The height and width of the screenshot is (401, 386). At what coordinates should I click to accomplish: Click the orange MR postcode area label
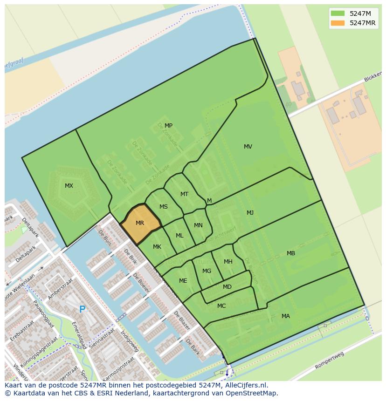coord(140,223)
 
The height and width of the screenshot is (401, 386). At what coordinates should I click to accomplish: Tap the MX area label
coord(69,186)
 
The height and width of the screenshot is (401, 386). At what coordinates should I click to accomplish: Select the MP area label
coord(168,126)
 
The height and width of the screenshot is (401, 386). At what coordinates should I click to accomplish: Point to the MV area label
coord(248,147)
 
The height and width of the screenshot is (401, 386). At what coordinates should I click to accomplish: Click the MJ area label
coord(250,213)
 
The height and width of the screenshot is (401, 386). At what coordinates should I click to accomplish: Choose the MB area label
coord(291,253)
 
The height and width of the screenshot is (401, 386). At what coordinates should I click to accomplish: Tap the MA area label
coord(286,316)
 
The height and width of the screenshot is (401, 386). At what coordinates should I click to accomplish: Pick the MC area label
coord(221,306)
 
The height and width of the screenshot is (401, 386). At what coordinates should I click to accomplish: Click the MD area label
coord(227,287)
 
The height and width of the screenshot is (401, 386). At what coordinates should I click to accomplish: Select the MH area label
coord(228,262)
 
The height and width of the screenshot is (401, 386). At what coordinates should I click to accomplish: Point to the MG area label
coord(207,271)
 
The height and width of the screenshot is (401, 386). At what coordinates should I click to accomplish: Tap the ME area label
coord(183,281)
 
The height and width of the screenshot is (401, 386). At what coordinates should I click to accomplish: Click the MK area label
coord(157,247)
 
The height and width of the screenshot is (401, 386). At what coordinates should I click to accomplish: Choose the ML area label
coord(179,236)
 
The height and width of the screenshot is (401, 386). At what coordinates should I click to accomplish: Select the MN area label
coord(198,225)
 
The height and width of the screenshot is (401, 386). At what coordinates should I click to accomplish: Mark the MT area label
coord(184,194)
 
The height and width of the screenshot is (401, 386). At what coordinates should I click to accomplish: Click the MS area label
coord(164,207)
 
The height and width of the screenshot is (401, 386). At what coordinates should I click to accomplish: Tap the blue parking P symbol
coord(82,309)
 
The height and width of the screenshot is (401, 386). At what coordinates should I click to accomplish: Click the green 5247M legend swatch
coord(338,14)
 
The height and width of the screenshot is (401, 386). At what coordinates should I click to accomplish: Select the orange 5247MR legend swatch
coord(338,23)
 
